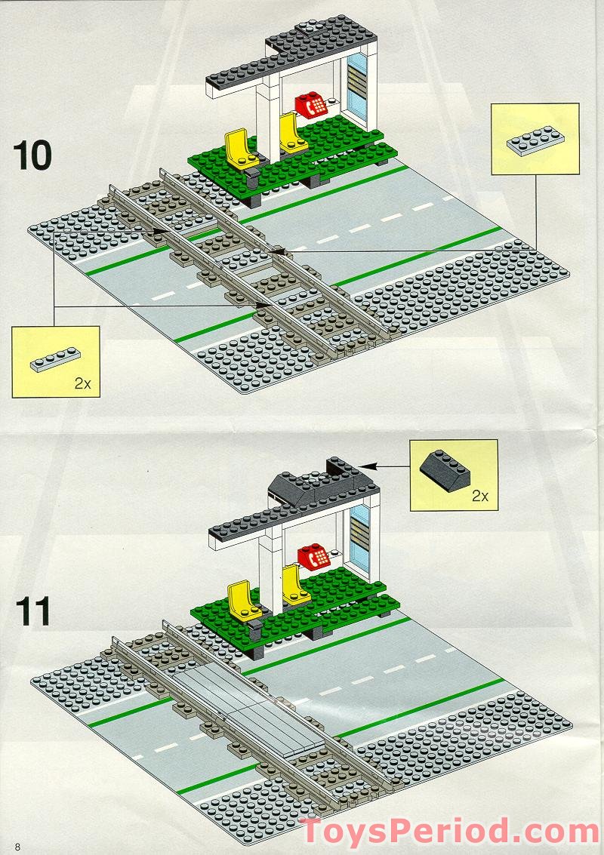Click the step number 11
31,610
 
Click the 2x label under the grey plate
82,383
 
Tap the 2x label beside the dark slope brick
480,496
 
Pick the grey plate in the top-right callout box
535,141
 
